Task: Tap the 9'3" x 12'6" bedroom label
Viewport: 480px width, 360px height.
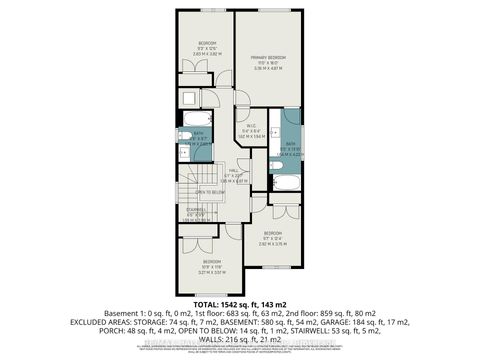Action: [x=206, y=45]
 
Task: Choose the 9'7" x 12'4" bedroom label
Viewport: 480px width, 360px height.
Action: [x=281, y=241]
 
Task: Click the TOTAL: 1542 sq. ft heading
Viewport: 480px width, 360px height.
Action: [x=239, y=302]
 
